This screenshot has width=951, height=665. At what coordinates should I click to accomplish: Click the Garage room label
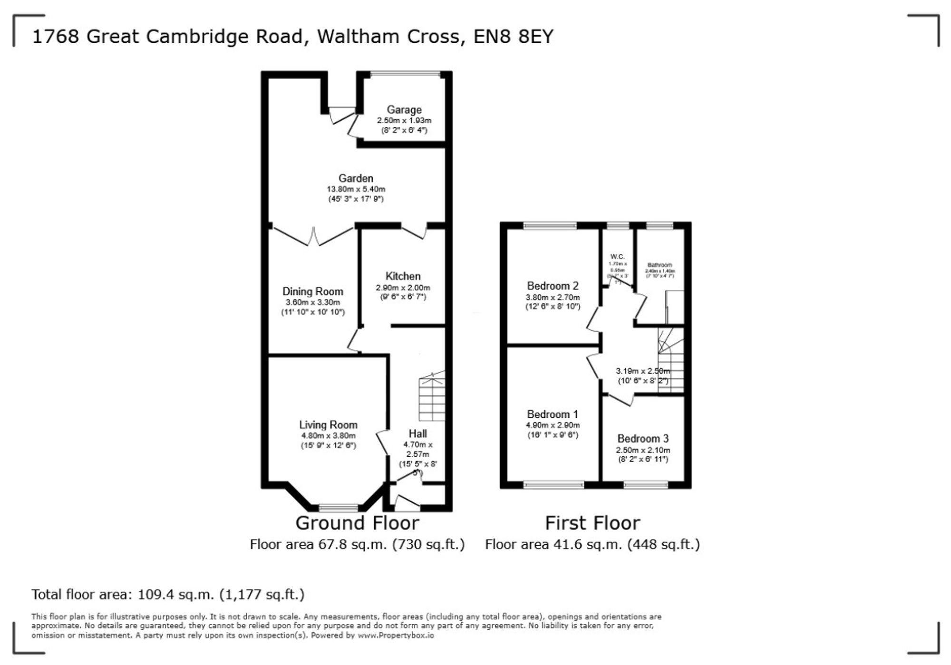tap(404, 110)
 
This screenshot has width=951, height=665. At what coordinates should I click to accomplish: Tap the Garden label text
tap(356, 178)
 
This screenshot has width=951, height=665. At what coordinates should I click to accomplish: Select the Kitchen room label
tap(403, 276)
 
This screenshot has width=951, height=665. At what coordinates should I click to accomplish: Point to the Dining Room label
tap(312, 291)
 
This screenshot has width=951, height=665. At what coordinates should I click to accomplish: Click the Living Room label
tap(328, 425)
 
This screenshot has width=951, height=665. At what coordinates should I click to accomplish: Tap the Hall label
tap(417, 434)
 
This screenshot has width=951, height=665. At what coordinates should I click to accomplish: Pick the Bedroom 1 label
tap(553, 414)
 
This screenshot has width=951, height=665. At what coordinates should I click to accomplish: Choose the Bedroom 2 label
tap(553, 286)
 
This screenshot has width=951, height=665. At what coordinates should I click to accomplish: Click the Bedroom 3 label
tap(643, 438)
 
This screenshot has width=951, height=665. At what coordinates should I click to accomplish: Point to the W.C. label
tap(617, 257)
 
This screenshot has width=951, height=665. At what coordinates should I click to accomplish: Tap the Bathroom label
tap(660, 265)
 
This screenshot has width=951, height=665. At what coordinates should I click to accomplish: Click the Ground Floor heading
tap(357, 523)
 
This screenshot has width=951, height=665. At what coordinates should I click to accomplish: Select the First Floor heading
tap(592, 523)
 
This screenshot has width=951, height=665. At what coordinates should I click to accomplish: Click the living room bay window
tap(339, 507)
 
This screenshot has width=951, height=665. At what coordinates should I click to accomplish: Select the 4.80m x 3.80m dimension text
tap(328, 435)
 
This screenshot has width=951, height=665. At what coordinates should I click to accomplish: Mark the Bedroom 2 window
tap(550, 226)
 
